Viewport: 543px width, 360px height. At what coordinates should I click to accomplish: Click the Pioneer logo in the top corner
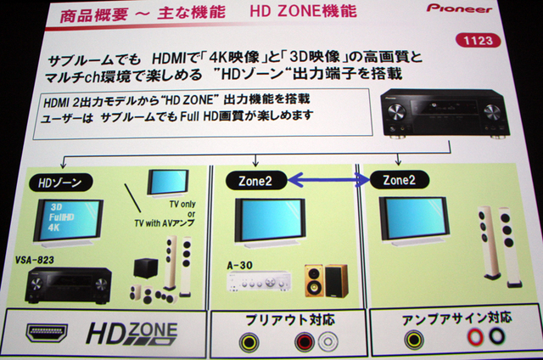(x=459, y=8)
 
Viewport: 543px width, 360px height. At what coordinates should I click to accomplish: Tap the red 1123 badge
(x=478, y=41)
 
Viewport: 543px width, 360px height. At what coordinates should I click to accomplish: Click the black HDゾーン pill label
(x=60, y=183)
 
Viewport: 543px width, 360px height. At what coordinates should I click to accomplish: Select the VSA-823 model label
(x=35, y=260)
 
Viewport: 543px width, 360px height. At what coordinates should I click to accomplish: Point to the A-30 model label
(x=239, y=266)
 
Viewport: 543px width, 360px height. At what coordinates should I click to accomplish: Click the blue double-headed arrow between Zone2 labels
(x=328, y=180)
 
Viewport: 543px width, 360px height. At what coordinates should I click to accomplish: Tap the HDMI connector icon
(x=48, y=333)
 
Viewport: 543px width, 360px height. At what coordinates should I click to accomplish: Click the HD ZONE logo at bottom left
(x=132, y=334)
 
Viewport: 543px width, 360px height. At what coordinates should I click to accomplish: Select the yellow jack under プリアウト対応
(x=249, y=342)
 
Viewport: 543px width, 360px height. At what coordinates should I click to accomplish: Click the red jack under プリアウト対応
(x=305, y=341)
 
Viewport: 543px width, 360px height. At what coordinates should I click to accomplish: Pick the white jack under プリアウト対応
(x=327, y=341)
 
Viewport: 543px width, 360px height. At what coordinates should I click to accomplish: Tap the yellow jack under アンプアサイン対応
(x=415, y=339)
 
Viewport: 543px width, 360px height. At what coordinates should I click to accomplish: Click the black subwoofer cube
(x=146, y=267)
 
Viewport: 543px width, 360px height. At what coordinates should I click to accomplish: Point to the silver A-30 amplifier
(x=259, y=281)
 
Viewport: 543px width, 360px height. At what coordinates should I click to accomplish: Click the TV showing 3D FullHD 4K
(x=69, y=222)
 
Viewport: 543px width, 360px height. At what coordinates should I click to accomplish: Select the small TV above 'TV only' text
(x=168, y=183)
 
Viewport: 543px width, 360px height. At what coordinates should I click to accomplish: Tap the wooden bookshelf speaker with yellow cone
(x=315, y=281)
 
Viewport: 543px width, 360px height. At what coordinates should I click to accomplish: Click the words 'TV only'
(x=182, y=205)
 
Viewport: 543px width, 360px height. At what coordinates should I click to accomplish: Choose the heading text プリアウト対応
(x=290, y=319)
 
